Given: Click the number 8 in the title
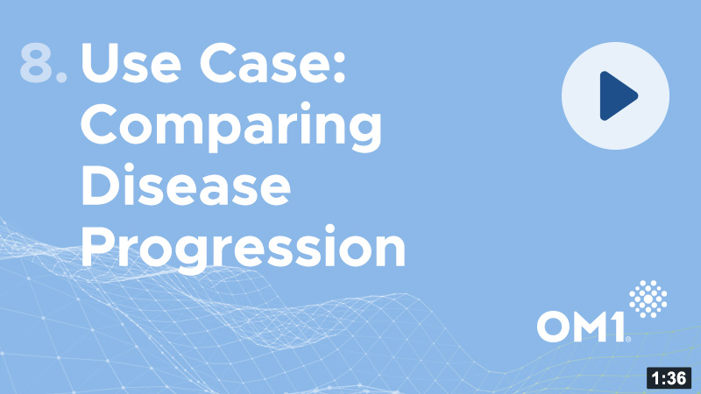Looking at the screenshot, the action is coord(36,62).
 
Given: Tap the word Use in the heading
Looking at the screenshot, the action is coord(131,62).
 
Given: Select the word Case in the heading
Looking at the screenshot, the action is coord(266,62).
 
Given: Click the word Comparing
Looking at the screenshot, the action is coord(230,127).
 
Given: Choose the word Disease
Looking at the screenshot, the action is coord(186,185).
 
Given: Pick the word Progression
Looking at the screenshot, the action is coord(244,249).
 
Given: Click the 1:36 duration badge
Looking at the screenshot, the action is coord(669,378).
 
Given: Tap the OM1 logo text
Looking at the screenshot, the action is coord(581,327).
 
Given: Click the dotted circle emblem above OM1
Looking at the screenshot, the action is coord(648,299).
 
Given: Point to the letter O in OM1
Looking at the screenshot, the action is coord(553,327).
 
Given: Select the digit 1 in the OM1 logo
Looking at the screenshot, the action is coord(618,327).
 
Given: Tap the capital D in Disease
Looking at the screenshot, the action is coord(100,185).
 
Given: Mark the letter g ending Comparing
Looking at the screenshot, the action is coord(363,133).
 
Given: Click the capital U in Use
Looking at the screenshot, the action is coord(99,62).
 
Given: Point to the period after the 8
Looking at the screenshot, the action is coord(62,77).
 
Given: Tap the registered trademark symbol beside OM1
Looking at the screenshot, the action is coord(628,340).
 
